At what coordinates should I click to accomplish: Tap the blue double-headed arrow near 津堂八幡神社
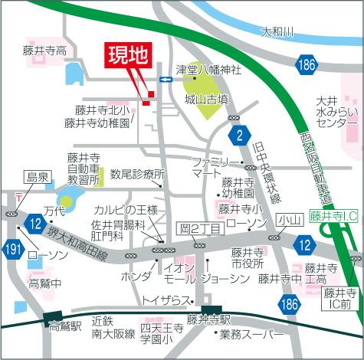click(166, 80)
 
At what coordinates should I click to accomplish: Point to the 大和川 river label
click(277, 32)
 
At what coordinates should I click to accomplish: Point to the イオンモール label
click(179, 273)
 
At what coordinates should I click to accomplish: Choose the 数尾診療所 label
click(137, 174)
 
